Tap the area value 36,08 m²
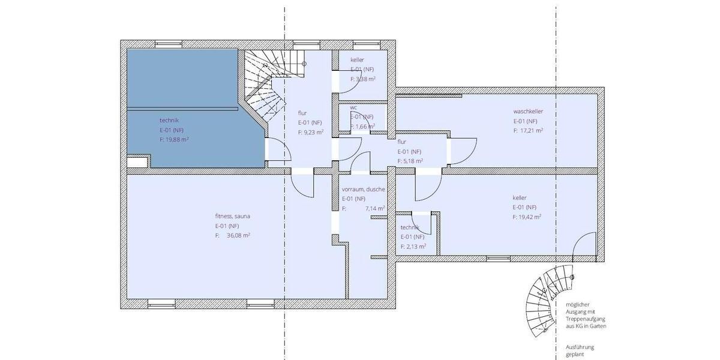click(x=238, y=236)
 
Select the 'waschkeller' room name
click(x=528, y=111)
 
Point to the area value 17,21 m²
click(x=532, y=130)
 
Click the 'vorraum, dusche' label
click(x=364, y=189)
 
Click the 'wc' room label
click(x=354, y=108)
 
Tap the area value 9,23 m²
click(x=314, y=132)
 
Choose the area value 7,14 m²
click(x=375, y=209)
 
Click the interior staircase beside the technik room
click(x=264, y=84)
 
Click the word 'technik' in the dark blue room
click(x=169, y=120)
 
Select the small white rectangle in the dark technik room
click(x=137, y=162)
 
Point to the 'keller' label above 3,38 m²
click(x=357, y=60)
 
